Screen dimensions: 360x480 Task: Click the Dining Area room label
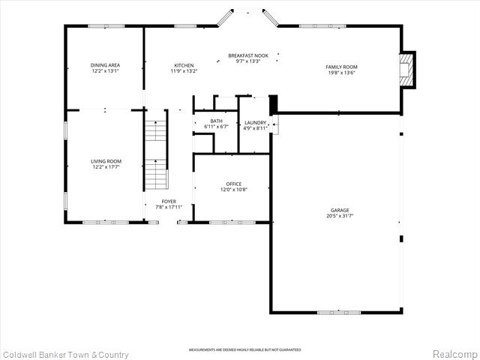(106, 65)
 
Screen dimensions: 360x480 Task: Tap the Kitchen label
(184, 65)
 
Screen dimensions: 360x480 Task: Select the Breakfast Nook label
(247, 55)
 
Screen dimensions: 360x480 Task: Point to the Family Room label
(340, 67)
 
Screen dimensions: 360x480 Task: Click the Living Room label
(106, 161)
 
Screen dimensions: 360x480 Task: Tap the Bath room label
(216, 121)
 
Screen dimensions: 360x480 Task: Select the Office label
(234, 184)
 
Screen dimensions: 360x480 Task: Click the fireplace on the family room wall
(406, 70)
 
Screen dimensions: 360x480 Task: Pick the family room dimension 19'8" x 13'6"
(340, 73)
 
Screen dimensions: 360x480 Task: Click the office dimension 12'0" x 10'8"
(234, 190)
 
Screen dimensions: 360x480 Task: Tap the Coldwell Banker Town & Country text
(65, 354)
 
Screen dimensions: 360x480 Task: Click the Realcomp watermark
(453, 354)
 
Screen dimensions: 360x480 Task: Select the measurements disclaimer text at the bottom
(244, 349)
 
